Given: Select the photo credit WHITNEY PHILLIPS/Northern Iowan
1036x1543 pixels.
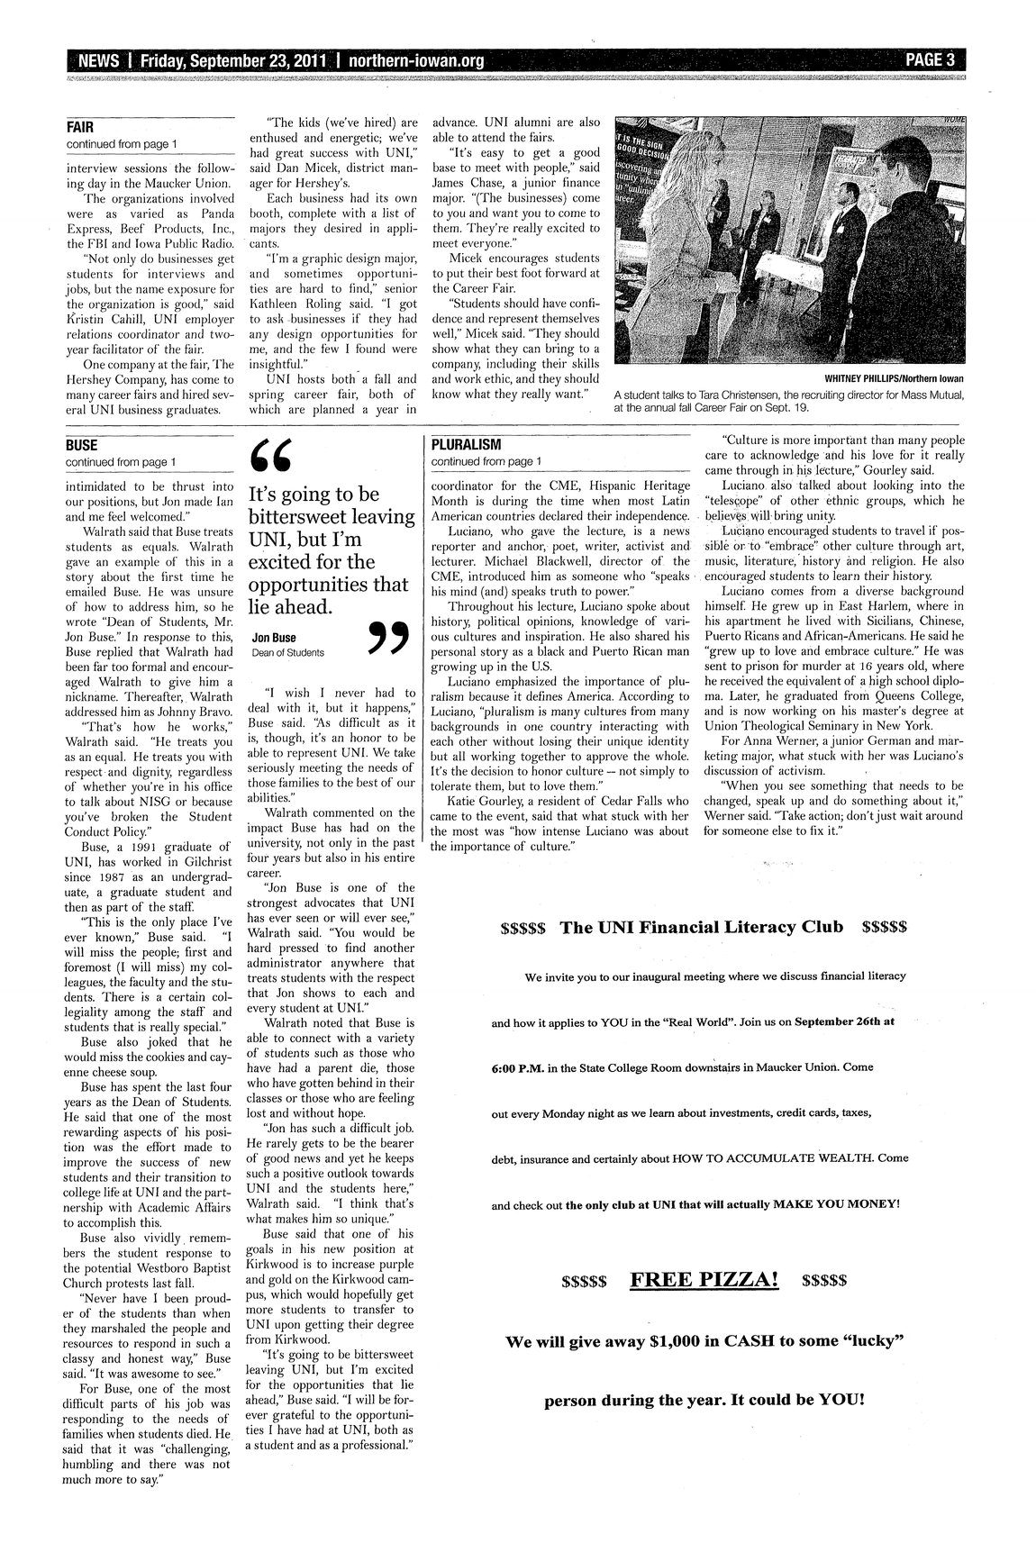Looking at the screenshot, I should coord(888,378).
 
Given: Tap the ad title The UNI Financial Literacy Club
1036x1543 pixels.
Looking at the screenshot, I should coord(702,927).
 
